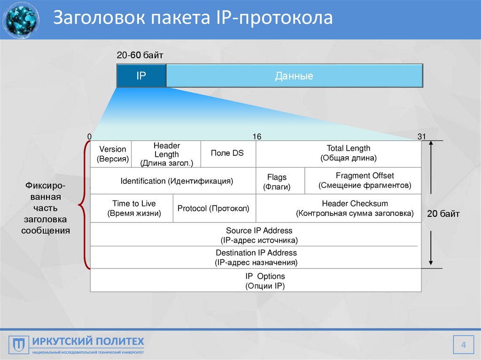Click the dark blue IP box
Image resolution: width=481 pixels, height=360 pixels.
tap(141, 76)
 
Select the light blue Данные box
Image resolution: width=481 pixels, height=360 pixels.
tap(294, 76)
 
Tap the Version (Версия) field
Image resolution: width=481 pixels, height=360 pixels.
tap(112, 154)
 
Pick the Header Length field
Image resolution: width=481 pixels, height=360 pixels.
tap(166, 154)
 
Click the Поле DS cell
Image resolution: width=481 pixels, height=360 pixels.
tap(227, 153)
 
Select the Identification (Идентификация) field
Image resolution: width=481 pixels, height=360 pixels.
tap(177, 181)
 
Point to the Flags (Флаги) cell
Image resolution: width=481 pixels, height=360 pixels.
tap(277, 182)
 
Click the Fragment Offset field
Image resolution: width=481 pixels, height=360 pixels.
tap(365, 181)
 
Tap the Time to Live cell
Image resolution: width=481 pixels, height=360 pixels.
tap(134, 208)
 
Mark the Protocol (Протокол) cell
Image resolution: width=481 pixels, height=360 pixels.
tap(213, 208)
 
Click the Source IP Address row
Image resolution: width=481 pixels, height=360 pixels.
tap(259, 235)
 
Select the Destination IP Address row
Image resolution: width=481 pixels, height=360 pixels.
tap(256, 257)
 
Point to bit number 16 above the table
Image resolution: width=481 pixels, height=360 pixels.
tap(257, 137)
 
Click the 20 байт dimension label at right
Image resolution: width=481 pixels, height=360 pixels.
tap(443, 214)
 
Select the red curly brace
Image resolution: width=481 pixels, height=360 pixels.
tap(84, 205)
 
